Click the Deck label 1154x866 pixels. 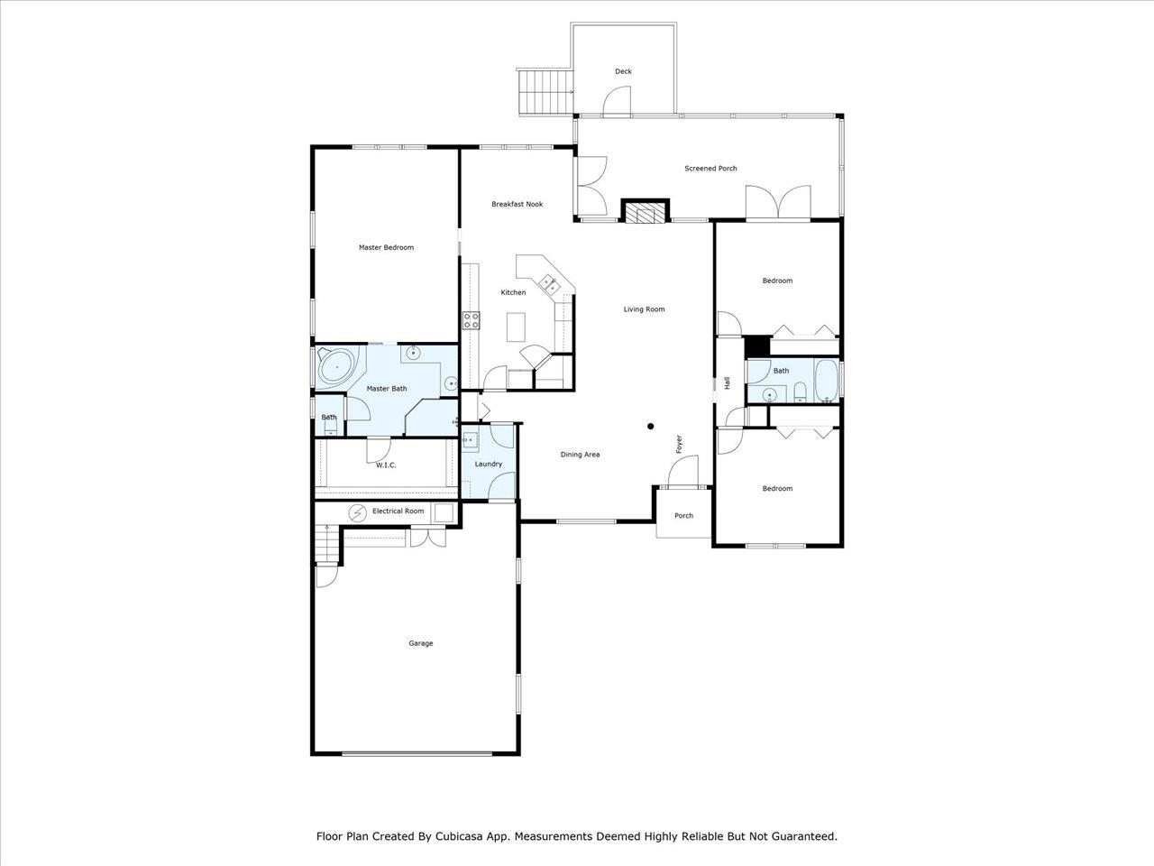pos(623,71)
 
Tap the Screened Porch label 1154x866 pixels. pos(710,169)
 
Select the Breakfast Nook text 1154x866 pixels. pos(517,204)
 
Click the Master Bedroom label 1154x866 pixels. pos(386,247)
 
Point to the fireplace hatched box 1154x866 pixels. pos(646,212)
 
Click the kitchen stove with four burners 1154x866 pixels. pos(471,320)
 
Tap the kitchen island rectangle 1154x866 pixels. pos(516,327)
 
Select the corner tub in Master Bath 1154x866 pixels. pos(337,366)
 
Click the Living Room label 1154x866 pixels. pos(644,309)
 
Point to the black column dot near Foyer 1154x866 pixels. pos(650,427)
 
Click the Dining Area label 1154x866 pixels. pos(580,455)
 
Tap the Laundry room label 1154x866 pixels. pos(489,464)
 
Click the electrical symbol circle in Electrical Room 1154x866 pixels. pos(358,512)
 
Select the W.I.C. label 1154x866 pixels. pos(386,465)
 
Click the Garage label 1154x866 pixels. pos(421,643)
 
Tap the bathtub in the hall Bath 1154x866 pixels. pos(827,381)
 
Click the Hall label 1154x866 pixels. pos(728,382)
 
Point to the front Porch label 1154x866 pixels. pos(683,515)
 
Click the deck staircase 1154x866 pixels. pos(545,91)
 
